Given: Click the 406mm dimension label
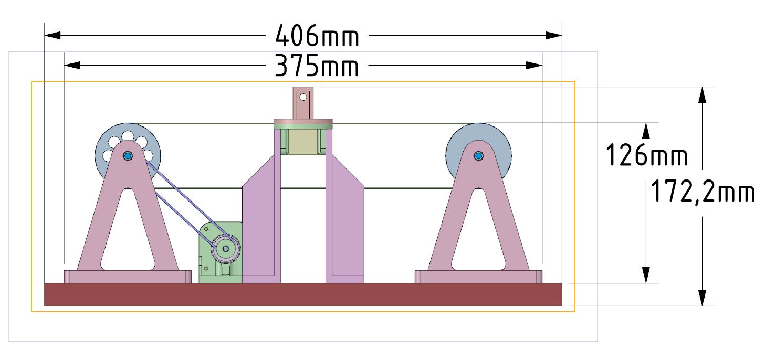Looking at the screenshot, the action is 317,36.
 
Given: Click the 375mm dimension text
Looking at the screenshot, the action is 317,66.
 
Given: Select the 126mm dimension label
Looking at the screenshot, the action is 646,155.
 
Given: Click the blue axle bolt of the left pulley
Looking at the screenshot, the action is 128,156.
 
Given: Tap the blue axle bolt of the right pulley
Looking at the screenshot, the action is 478,156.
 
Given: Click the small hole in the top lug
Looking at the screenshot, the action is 303,97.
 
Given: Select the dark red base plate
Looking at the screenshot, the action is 303,294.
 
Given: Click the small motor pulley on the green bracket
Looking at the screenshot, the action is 225,249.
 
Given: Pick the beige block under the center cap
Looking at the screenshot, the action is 303,142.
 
